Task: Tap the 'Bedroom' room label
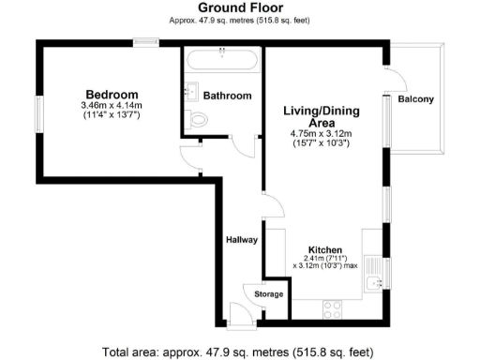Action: point(112,95)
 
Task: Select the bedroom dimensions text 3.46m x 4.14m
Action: point(112,107)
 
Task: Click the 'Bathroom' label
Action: point(229,96)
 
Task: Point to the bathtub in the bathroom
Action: point(221,65)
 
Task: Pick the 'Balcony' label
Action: point(415,99)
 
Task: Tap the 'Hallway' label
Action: point(241,240)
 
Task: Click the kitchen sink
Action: point(376,278)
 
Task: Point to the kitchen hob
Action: point(333,307)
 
